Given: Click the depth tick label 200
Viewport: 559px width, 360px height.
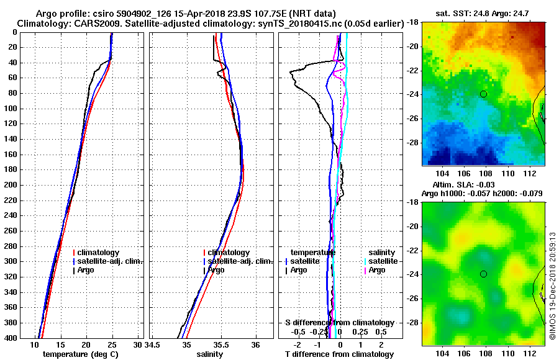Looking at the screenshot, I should (x=11, y=185).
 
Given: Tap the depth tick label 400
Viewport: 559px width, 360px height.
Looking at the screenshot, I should (x=11, y=338).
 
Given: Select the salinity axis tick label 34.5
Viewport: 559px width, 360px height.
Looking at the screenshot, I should (x=153, y=344).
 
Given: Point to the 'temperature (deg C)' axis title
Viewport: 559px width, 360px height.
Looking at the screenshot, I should (x=80, y=354).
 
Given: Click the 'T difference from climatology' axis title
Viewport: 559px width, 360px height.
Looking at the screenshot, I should (x=339, y=354).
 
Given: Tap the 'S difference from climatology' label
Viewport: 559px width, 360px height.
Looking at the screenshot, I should (x=339, y=323).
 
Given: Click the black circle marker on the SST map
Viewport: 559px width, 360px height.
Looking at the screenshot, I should (x=483, y=94).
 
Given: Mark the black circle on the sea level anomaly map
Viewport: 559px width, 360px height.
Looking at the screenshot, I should (x=483, y=274).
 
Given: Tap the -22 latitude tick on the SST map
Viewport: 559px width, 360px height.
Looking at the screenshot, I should (x=412, y=70).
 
